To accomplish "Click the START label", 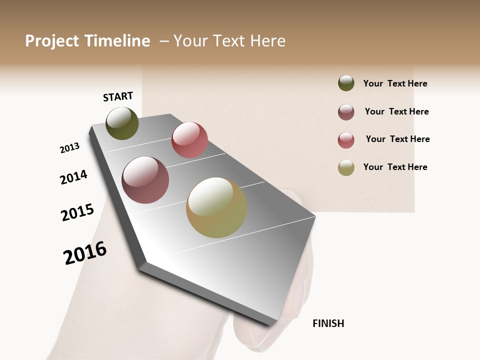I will pos(118,96).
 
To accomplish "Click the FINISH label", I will pos(328,323).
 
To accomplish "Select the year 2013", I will pos(70,148).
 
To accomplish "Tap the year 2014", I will pos(73,177).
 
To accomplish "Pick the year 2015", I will pos(77,212).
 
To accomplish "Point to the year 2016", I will pos(85,253).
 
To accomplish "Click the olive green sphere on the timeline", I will pos(122,123).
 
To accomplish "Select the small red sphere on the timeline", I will pos(189,139).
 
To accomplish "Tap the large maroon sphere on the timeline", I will pos(145,180).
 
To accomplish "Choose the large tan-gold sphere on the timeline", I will pos(216,207).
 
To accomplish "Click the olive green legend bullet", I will pos(346,83).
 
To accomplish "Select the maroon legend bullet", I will pos(346,112).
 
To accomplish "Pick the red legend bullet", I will pos(346,140).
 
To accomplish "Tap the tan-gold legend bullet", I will pos(346,167).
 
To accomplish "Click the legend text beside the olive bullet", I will pos(395,83).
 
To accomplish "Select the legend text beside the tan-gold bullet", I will pos(395,167).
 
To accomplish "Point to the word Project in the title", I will pos(52,41).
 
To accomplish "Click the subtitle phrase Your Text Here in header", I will pos(229,41).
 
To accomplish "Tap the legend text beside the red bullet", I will pos(397,139).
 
